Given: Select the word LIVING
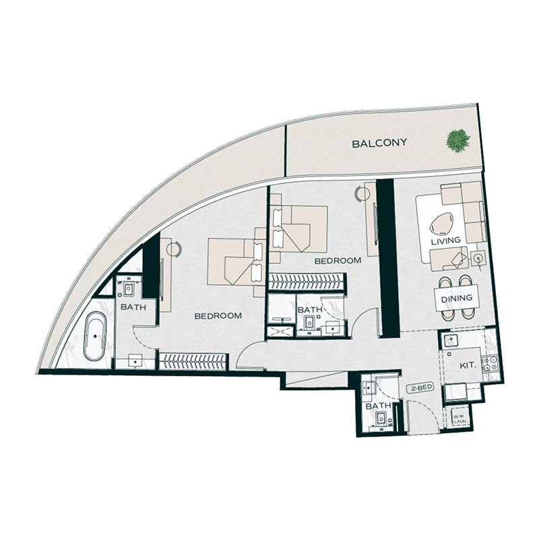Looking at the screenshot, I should (x=447, y=241).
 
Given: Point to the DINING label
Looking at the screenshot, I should (x=456, y=298).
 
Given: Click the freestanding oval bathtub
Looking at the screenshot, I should (x=96, y=335).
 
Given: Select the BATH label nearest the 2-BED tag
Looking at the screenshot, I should (x=373, y=407).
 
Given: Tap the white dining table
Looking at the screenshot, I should (x=456, y=298).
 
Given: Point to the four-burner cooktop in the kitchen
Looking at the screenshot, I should (x=490, y=364).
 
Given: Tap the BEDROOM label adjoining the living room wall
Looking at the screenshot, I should (x=338, y=260).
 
